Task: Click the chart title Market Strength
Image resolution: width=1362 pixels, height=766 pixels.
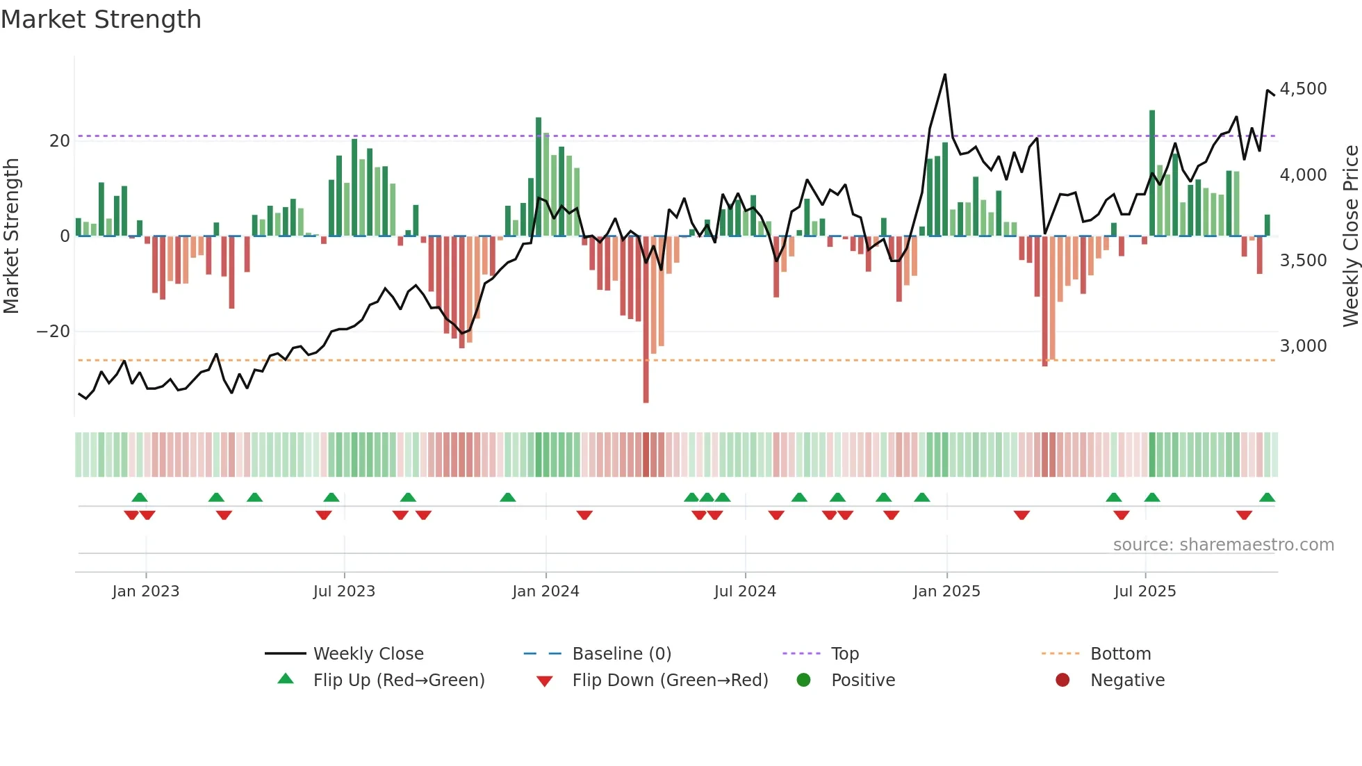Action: pyautogui.click(x=101, y=19)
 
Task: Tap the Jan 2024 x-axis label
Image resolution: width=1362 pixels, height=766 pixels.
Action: pyautogui.click(x=545, y=592)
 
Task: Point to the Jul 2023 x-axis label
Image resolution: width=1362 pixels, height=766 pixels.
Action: pyautogui.click(x=344, y=592)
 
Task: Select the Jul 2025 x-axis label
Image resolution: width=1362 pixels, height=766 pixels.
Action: pyautogui.click(x=1144, y=592)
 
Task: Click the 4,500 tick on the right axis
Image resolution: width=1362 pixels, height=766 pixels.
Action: pyautogui.click(x=1303, y=89)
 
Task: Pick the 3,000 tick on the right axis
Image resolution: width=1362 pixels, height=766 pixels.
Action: pyautogui.click(x=1303, y=346)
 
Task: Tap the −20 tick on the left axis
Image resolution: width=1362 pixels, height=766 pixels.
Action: pyautogui.click(x=54, y=332)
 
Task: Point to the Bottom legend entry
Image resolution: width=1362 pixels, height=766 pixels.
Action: pyautogui.click(x=1120, y=654)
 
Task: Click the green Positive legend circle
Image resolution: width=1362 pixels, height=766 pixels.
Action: pyautogui.click(x=803, y=681)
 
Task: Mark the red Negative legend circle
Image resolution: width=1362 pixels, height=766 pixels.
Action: pyautogui.click(x=1062, y=681)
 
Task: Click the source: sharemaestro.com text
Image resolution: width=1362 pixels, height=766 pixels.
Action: pyautogui.click(x=1223, y=545)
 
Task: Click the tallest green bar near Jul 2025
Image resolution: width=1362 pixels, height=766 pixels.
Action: pyautogui.click(x=1152, y=174)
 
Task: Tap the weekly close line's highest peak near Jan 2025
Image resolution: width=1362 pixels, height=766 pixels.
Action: pyautogui.click(x=945, y=75)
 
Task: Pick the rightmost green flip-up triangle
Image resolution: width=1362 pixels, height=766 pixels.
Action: pyautogui.click(x=1267, y=498)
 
